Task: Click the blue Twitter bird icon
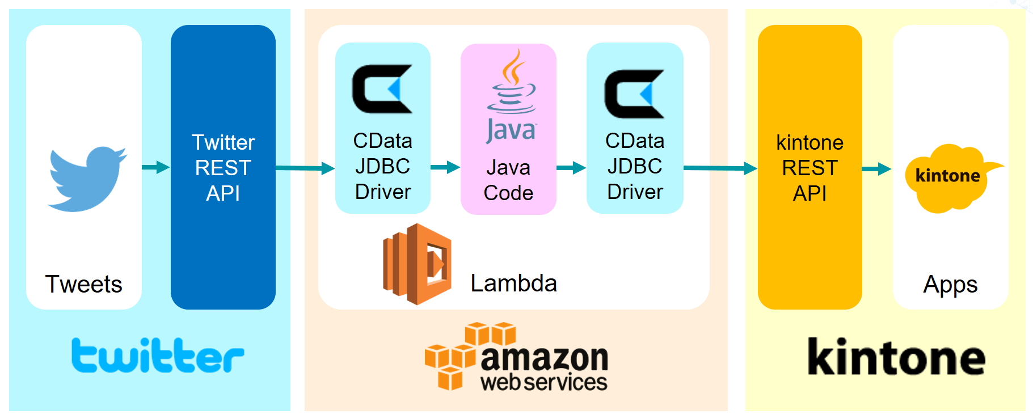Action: click(x=87, y=179)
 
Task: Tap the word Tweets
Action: click(x=84, y=284)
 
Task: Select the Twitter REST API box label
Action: click(x=223, y=168)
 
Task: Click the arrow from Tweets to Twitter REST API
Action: click(x=155, y=167)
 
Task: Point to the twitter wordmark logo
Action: click(x=158, y=355)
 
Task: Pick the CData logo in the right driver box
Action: click(x=634, y=94)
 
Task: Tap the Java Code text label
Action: click(x=508, y=180)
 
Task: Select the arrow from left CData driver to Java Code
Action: click(x=445, y=167)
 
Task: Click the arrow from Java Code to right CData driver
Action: click(x=571, y=168)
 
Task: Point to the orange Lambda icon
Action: click(x=418, y=264)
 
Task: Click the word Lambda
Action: click(x=513, y=283)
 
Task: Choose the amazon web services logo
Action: click(x=517, y=357)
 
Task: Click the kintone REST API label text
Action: click(x=809, y=168)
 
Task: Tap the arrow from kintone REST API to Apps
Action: click(x=876, y=168)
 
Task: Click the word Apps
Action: click(x=950, y=285)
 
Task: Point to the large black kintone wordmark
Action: click(x=896, y=357)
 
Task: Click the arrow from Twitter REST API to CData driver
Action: click(x=305, y=168)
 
